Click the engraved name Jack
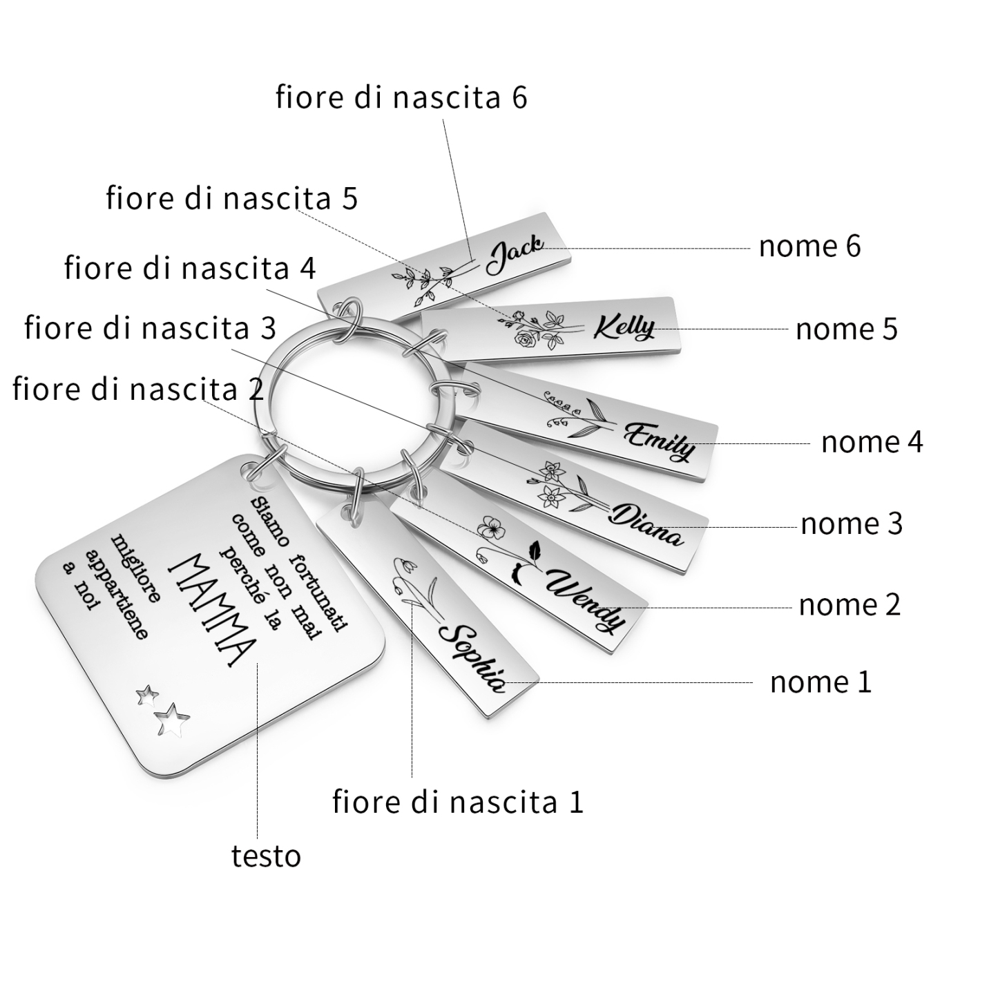pyautogui.click(x=515, y=253)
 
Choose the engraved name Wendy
pyautogui.click(x=586, y=601)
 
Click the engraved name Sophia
pyautogui.click(x=472, y=658)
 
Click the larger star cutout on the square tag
pyautogui.click(x=173, y=720)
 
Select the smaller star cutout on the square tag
pyautogui.click(x=147, y=695)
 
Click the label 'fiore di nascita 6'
pyautogui.click(x=401, y=97)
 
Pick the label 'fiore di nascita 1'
pyautogui.click(x=458, y=802)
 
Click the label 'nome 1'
pyautogui.click(x=821, y=682)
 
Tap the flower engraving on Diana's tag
pyautogui.click(x=564, y=486)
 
